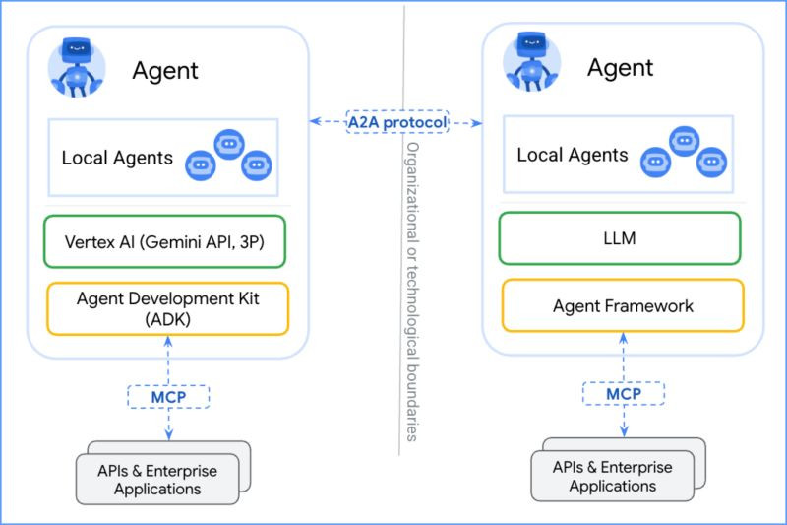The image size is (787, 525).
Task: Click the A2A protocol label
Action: pyautogui.click(x=396, y=122)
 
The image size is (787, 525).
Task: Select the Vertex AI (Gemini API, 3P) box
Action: pyautogui.click(x=164, y=241)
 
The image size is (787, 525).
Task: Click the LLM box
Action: pyautogui.click(x=621, y=237)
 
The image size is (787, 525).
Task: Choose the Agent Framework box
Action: pyautogui.click(x=623, y=305)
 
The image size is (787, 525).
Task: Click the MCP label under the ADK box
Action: pyautogui.click(x=169, y=396)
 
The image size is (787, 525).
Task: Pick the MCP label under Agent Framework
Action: pyautogui.click(x=624, y=394)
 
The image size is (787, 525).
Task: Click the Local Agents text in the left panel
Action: pyautogui.click(x=117, y=158)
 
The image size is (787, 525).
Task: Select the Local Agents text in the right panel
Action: pyautogui.click(x=573, y=155)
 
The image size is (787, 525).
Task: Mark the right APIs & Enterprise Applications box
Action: pyautogui.click(x=612, y=476)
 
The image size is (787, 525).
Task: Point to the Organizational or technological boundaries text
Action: pyautogui.click(x=412, y=291)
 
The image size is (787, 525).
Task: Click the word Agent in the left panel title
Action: pyautogui.click(x=165, y=71)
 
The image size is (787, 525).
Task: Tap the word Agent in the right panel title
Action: pyautogui.click(x=621, y=68)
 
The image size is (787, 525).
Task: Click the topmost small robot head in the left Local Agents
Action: pyautogui.click(x=229, y=143)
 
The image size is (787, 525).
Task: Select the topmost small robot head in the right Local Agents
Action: pyautogui.click(x=685, y=141)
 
